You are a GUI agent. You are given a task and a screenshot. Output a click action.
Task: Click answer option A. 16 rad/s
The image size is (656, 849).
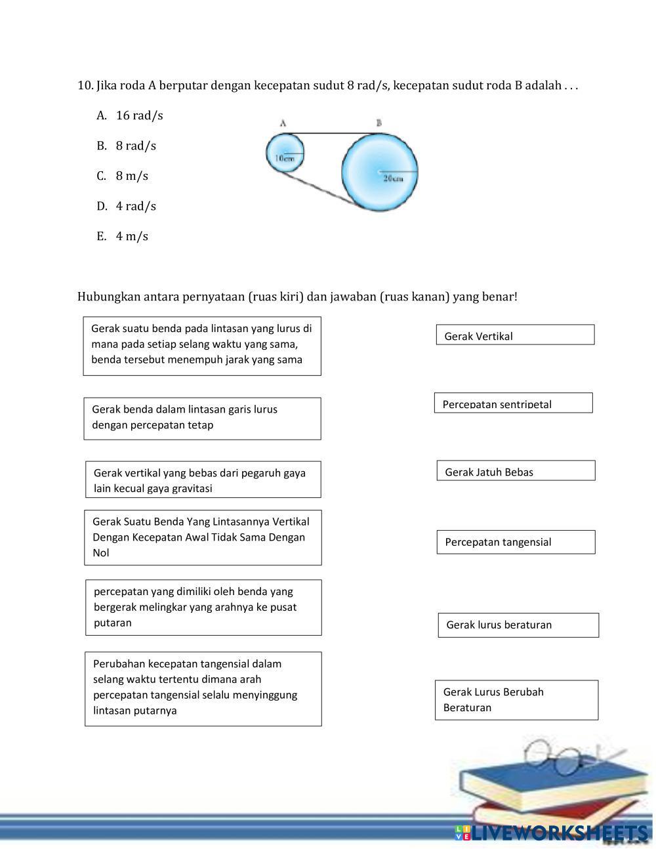(130, 115)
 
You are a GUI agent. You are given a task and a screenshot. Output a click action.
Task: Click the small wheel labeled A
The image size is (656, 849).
(285, 152)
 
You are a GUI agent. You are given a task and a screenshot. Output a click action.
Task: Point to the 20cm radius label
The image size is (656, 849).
(393, 178)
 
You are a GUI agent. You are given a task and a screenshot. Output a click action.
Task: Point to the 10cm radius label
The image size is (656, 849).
(285, 158)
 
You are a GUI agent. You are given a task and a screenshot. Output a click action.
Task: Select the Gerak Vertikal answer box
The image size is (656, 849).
(515, 335)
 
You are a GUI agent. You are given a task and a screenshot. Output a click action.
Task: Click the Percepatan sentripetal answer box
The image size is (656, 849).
(513, 403)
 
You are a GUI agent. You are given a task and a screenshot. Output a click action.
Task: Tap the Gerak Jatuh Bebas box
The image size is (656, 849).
(516, 471)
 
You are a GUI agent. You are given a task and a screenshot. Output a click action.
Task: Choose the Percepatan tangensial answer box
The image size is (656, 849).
(516, 542)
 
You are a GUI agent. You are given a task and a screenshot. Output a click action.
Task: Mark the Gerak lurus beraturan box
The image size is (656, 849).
(518, 625)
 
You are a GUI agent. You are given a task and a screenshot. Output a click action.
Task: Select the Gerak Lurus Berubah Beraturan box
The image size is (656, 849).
(516, 700)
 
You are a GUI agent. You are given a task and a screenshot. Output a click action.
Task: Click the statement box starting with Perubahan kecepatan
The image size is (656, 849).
(203, 689)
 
